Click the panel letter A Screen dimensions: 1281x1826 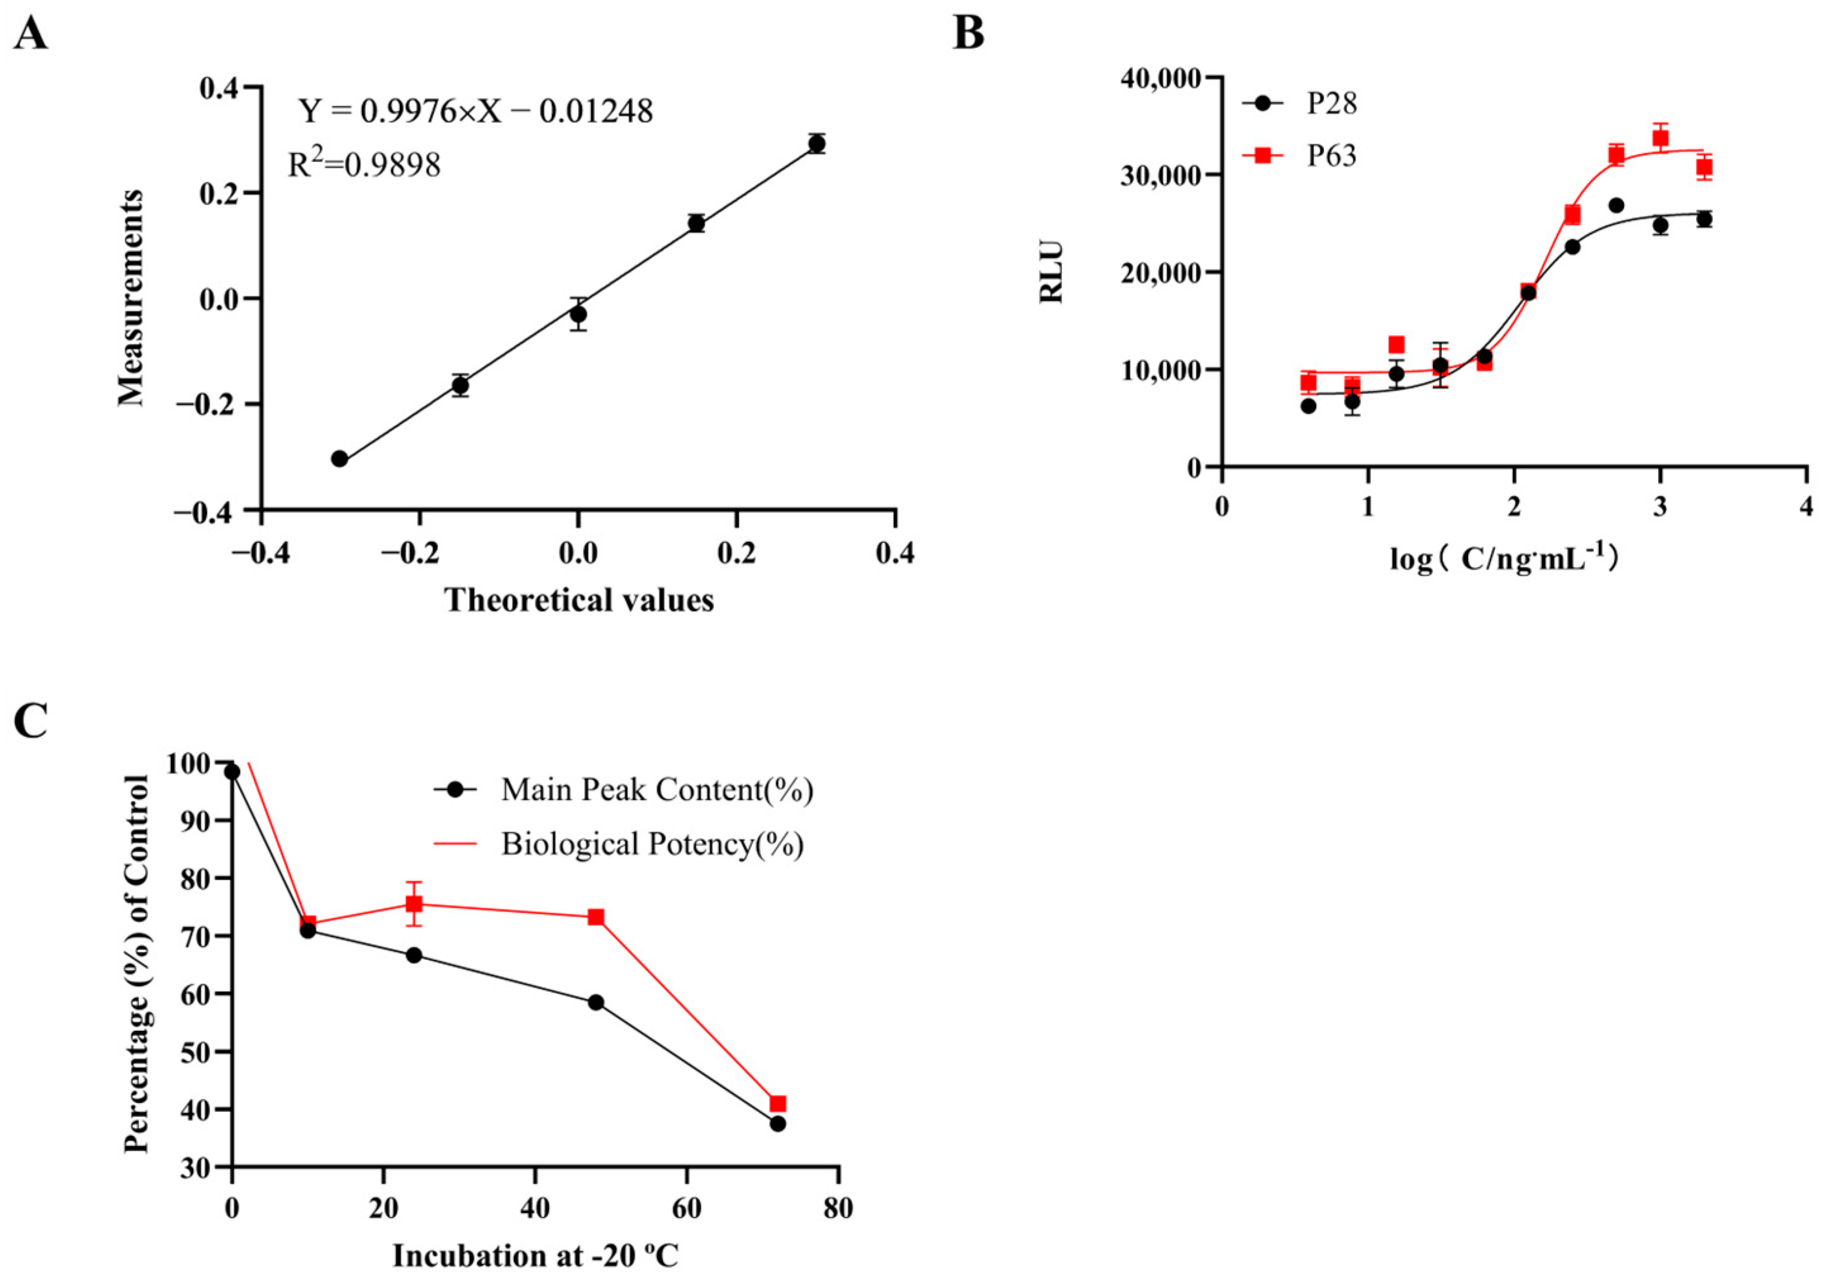pyautogui.click(x=30, y=34)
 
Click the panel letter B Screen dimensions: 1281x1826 pyautogui.click(x=968, y=34)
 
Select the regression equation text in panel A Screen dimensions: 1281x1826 pyautogui.click(x=475, y=111)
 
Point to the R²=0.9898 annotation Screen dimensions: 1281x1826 pyautogui.click(x=363, y=165)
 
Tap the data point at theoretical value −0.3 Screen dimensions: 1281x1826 pyautogui.click(x=340, y=459)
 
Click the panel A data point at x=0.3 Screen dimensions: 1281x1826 pyautogui.click(x=816, y=144)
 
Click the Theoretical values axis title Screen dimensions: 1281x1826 pyautogui.click(x=579, y=600)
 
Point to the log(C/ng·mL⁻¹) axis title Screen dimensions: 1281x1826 pyautogui.click(x=1504, y=559)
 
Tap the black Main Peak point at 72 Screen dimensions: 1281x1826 pyautogui.click(x=778, y=1123)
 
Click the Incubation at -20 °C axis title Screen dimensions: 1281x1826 pyautogui.click(x=535, y=1256)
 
